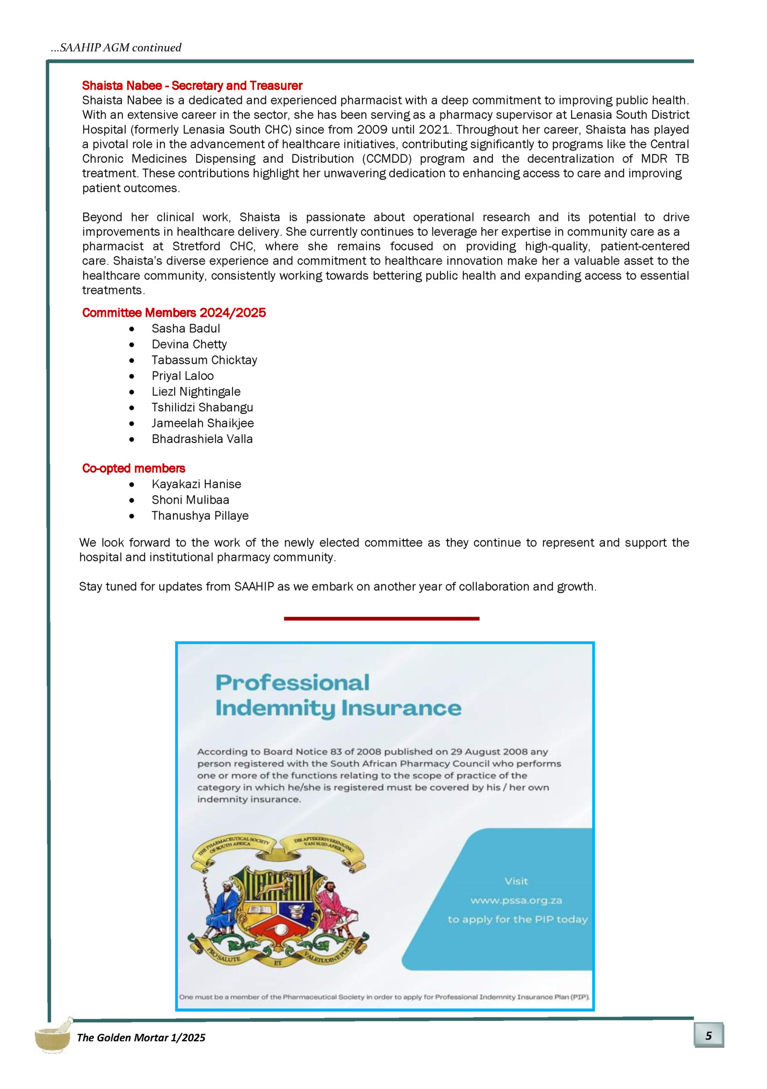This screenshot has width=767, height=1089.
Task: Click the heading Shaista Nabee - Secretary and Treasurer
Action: (x=192, y=86)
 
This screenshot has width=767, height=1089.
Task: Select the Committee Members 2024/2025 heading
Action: (x=173, y=313)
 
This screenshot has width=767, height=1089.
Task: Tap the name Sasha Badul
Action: (x=185, y=329)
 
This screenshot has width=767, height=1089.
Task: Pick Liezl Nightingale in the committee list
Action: (x=196, y=392)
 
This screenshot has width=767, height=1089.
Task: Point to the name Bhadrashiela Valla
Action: (x=202, y=439)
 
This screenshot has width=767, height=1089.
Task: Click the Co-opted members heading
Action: (x=133, y=468)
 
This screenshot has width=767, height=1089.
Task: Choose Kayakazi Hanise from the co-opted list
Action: (x=196, y=484)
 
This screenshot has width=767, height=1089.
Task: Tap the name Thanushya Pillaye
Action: (x=200, y=516)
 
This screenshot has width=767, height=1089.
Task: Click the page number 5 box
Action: (x=708, y=1035)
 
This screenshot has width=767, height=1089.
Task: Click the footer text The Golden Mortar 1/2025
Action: (x=141, y=1037)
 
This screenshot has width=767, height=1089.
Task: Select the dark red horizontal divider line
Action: (x=381, y=619)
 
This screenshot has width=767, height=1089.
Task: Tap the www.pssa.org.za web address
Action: (x=516, y=900)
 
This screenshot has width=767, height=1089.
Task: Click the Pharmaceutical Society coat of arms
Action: (x=278, y=902)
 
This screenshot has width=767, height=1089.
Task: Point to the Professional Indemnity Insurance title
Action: (x=338, y=695)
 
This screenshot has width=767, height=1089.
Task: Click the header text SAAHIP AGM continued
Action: (x=116, y=48)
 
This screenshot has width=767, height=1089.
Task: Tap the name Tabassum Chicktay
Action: (x=204, y=360)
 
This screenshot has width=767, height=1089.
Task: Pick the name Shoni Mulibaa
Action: (x=190, y=500)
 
